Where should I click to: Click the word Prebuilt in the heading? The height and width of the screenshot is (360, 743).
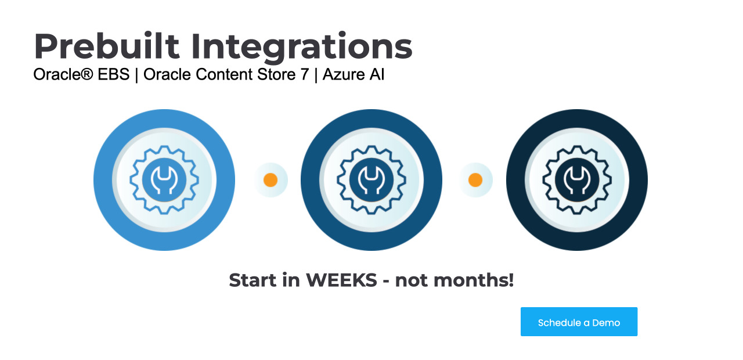tap(107, 46)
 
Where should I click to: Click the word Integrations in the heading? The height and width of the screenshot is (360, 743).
tap(302, 47)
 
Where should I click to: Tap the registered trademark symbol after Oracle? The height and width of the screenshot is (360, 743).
tap(87, 73)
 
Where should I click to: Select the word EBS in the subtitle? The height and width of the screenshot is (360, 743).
tap(114, 74)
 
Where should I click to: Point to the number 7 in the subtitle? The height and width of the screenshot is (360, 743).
tap(305, 74)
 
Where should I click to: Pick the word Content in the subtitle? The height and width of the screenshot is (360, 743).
tap(224, 74)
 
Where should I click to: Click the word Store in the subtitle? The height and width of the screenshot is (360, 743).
tap(276, 74)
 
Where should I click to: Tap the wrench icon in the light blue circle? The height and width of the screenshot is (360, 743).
tap(164, 180)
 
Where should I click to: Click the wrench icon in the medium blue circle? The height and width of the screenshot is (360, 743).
tap(371, 180)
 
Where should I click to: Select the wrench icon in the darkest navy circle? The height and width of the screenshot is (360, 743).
tap(577, 180)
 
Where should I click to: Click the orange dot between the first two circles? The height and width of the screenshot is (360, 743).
tap(270, 180)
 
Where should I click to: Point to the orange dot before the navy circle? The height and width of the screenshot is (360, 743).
tap(475, 180)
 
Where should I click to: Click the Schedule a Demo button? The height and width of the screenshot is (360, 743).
tap(579, 322)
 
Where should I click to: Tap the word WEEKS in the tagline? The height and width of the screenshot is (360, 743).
tap(342, 280)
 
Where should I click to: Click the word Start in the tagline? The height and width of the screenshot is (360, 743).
tap(253, 280)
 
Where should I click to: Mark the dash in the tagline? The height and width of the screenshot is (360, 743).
tap(386, 282)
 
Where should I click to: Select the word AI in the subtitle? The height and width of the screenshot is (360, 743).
tap(377, 74)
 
